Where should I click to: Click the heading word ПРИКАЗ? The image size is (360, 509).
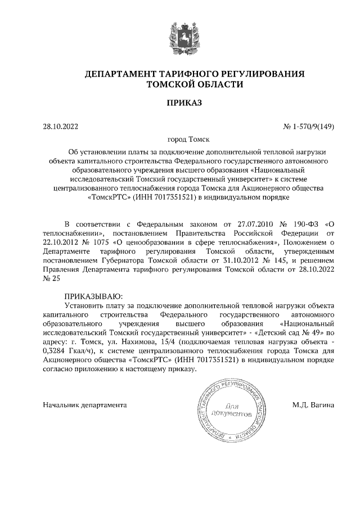[x=179, y=103]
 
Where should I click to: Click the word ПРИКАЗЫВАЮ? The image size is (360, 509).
[x=93, y=296]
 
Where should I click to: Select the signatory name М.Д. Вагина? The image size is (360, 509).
[x=313, y=404]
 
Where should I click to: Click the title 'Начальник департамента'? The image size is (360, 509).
[x=84, y=404]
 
